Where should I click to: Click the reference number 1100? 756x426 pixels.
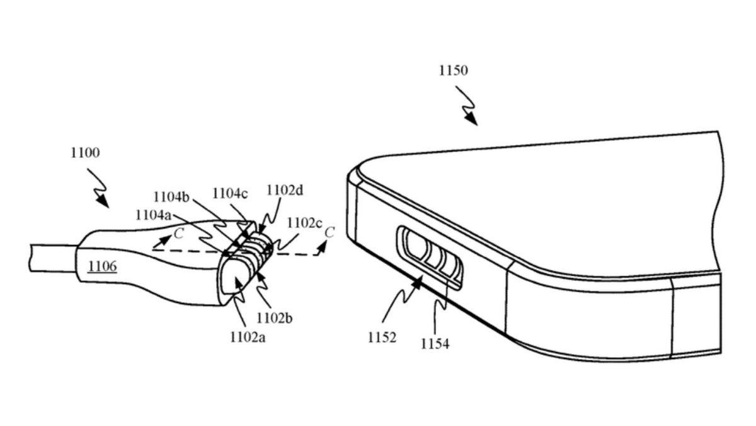click(86, 153)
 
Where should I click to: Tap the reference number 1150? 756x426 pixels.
click(453, 71)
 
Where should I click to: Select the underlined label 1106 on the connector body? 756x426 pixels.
click(102, 266)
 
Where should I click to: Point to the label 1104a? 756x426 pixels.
click(153, 215)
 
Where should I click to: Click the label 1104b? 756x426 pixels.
click(172, 196)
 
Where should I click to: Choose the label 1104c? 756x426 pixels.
click(230, 193)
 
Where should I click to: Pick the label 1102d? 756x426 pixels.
click(284, 190)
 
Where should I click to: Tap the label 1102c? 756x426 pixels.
click(304, 223)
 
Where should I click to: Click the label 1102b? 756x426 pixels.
click(274, 317)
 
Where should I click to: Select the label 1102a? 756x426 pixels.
click(248, 337)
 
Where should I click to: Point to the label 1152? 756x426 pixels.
click(382, 338)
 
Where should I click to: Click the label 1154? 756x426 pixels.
click(435, 344)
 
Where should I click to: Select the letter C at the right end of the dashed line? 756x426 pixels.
click(329, 232)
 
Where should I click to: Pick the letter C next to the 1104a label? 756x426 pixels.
click(179, 234)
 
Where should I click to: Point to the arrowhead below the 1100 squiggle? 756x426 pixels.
click(103, 202)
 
